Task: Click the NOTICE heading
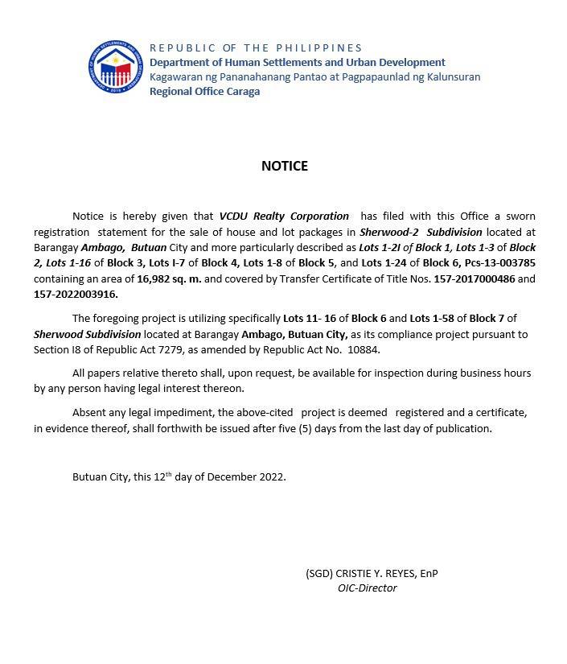click(284, 166)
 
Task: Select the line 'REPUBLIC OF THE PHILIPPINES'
click(256, 48)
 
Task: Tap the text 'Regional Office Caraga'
click(204, 91)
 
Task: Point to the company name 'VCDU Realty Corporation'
click(284, 216)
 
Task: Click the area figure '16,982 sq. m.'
click(169, 278)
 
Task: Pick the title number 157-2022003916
click(76, 294)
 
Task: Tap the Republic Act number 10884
click(363, 349)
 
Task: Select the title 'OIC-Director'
click(367, 588)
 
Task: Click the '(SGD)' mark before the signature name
click(318, 573)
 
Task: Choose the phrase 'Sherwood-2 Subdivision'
click(421, 232)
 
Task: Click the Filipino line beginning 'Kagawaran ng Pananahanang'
click(314, 76)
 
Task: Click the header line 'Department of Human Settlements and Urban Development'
click(297, 62)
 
